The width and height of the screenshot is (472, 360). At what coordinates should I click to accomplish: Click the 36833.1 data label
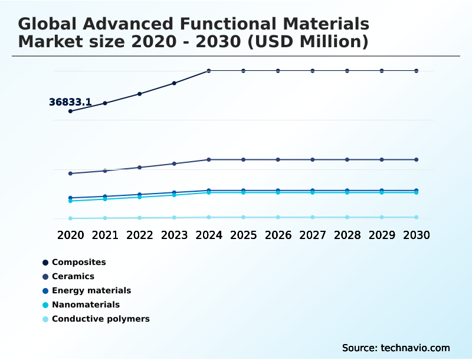(70, 102)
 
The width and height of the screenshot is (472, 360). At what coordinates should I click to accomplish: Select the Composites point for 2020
(70, 111)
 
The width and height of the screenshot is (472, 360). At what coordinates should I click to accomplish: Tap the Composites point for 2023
(174, 83)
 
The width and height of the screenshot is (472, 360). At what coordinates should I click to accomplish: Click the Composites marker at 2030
(416, 71)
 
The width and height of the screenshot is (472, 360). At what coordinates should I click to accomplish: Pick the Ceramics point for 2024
(209, 159)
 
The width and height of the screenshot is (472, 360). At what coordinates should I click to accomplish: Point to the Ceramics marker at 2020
(70, 174)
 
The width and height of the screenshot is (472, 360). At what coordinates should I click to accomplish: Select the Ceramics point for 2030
(416, 159)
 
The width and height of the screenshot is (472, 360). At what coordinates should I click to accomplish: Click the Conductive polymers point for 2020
(70, 218)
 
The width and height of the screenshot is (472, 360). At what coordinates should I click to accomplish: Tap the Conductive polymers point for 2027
(313, 217)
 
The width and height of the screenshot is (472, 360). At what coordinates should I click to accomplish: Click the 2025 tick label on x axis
(243, 235)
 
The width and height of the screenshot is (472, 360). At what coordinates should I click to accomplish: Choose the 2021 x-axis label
(105, 235)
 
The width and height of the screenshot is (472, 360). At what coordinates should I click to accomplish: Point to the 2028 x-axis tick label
(347, 235)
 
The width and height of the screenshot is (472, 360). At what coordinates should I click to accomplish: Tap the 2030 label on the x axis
(416, 235)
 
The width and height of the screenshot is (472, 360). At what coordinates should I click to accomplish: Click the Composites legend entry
(78, 262)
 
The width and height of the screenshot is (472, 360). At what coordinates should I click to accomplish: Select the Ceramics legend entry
(73, 276)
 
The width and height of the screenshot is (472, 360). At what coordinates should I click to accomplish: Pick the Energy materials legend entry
(91, 290)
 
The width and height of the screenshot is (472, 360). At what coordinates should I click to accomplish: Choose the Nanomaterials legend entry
(86, 305)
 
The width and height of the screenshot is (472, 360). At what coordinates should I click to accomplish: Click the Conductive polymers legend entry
(100, 319)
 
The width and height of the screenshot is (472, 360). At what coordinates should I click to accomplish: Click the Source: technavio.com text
(396, 348)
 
